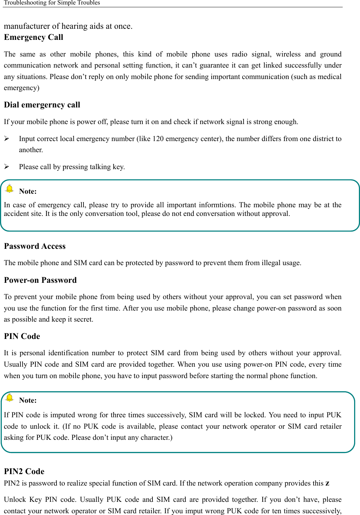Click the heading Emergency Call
(x=34, y=37)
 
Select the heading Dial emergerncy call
(x=42, y=105)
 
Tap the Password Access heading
(x=35, y=246)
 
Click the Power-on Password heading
(x=40, y=280)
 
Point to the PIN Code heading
(x=22, y=337)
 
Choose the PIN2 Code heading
(x=24, y=472)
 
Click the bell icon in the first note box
(x=10, y=188)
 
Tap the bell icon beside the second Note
(x=10, y=397)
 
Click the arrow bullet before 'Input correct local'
(x=7, y=139)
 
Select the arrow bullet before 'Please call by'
(x=7, y=167)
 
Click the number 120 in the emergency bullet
(x=158, y=139)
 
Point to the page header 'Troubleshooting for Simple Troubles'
(x=52, y=3)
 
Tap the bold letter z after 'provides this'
(x=327, y=483)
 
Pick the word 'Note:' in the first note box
(x=28, y=192)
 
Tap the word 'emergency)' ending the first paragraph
(x=21, y=88)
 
